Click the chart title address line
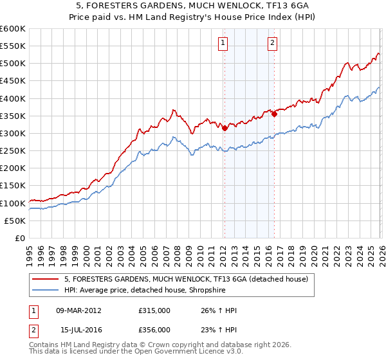(x=192, y=6)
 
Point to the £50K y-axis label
(x=14, y=221)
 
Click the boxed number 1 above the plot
(x=223, y=43)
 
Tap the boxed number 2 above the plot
(x=272, y=43)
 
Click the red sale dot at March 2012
(x=225, y=128)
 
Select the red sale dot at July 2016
(x=274, y=114)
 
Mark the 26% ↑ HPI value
(x=219, y=310)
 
